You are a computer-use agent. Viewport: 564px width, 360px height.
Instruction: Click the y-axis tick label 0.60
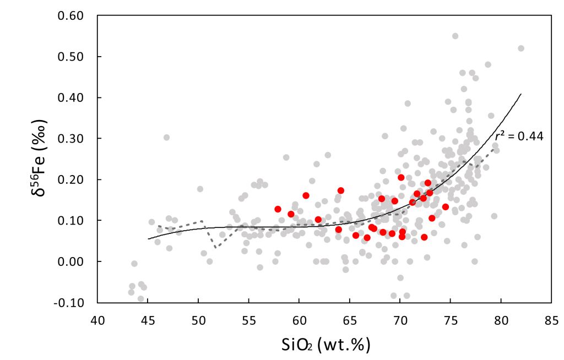[70, 15]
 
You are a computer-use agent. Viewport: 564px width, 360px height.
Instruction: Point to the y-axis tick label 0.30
[70, 138]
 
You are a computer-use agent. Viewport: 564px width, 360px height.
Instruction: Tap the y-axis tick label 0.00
[70, 261]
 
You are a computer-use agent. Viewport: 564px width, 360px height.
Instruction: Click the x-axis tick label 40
[97, 319]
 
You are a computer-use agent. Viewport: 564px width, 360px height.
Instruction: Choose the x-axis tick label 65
[349, 319]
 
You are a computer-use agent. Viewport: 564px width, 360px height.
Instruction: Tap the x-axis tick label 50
[198, 319]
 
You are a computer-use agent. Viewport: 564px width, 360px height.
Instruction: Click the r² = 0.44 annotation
[518, 136]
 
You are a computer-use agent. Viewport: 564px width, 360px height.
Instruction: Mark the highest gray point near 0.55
[455, 36]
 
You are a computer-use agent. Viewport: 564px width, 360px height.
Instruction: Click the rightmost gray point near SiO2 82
[521, 48]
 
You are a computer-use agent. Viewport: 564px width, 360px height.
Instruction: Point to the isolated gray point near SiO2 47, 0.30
[166, 138]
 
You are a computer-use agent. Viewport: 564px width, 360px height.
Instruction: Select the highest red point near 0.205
[401, 177]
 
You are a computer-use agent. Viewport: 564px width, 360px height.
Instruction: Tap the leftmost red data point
[278, 209]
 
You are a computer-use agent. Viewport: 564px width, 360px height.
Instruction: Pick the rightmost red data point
[446, 207]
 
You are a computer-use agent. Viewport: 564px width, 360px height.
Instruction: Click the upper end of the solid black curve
[520, 94]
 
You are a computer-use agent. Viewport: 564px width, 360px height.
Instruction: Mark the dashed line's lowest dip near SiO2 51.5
[214, 247]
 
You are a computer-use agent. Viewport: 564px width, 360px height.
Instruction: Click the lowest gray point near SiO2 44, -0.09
[140, 299]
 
